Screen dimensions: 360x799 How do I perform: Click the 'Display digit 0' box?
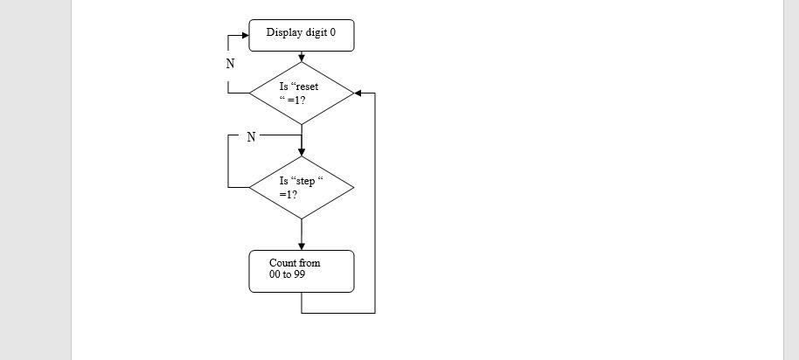point(302,36)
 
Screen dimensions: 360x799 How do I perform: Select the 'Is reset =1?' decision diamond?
point(302,93)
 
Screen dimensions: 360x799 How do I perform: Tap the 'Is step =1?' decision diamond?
point(302,187)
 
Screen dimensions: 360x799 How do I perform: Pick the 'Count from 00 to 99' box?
point(302,271)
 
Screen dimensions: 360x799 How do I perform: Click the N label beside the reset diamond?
point(231,64)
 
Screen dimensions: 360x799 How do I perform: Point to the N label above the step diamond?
point(251,136)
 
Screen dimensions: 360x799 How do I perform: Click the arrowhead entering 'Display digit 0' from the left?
point(244,37)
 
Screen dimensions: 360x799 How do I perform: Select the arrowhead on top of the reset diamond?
point(302,58)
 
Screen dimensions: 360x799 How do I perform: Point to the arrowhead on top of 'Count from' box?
point(302,246)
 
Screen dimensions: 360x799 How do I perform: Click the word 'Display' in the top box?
point(283,32)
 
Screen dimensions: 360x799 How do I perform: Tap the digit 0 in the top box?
point(332,32)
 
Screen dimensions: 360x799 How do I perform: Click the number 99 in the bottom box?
point(300,274)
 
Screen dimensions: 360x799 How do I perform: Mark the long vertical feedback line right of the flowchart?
point(375,201)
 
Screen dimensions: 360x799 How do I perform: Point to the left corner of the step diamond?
point(251,187)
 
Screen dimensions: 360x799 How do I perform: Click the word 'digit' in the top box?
point(315,32)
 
